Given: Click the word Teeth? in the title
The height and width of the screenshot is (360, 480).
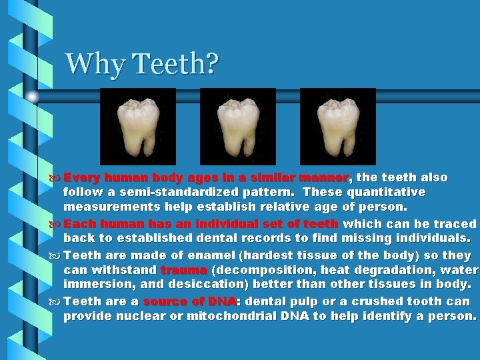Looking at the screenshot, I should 176,64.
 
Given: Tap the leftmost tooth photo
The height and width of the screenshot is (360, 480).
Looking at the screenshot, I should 137,126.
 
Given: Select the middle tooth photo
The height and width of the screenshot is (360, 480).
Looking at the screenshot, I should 237,126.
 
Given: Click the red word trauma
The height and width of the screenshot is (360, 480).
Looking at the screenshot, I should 183,271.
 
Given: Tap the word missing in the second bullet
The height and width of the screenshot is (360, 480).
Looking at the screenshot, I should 365,238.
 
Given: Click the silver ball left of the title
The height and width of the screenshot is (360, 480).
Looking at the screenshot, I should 32,97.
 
